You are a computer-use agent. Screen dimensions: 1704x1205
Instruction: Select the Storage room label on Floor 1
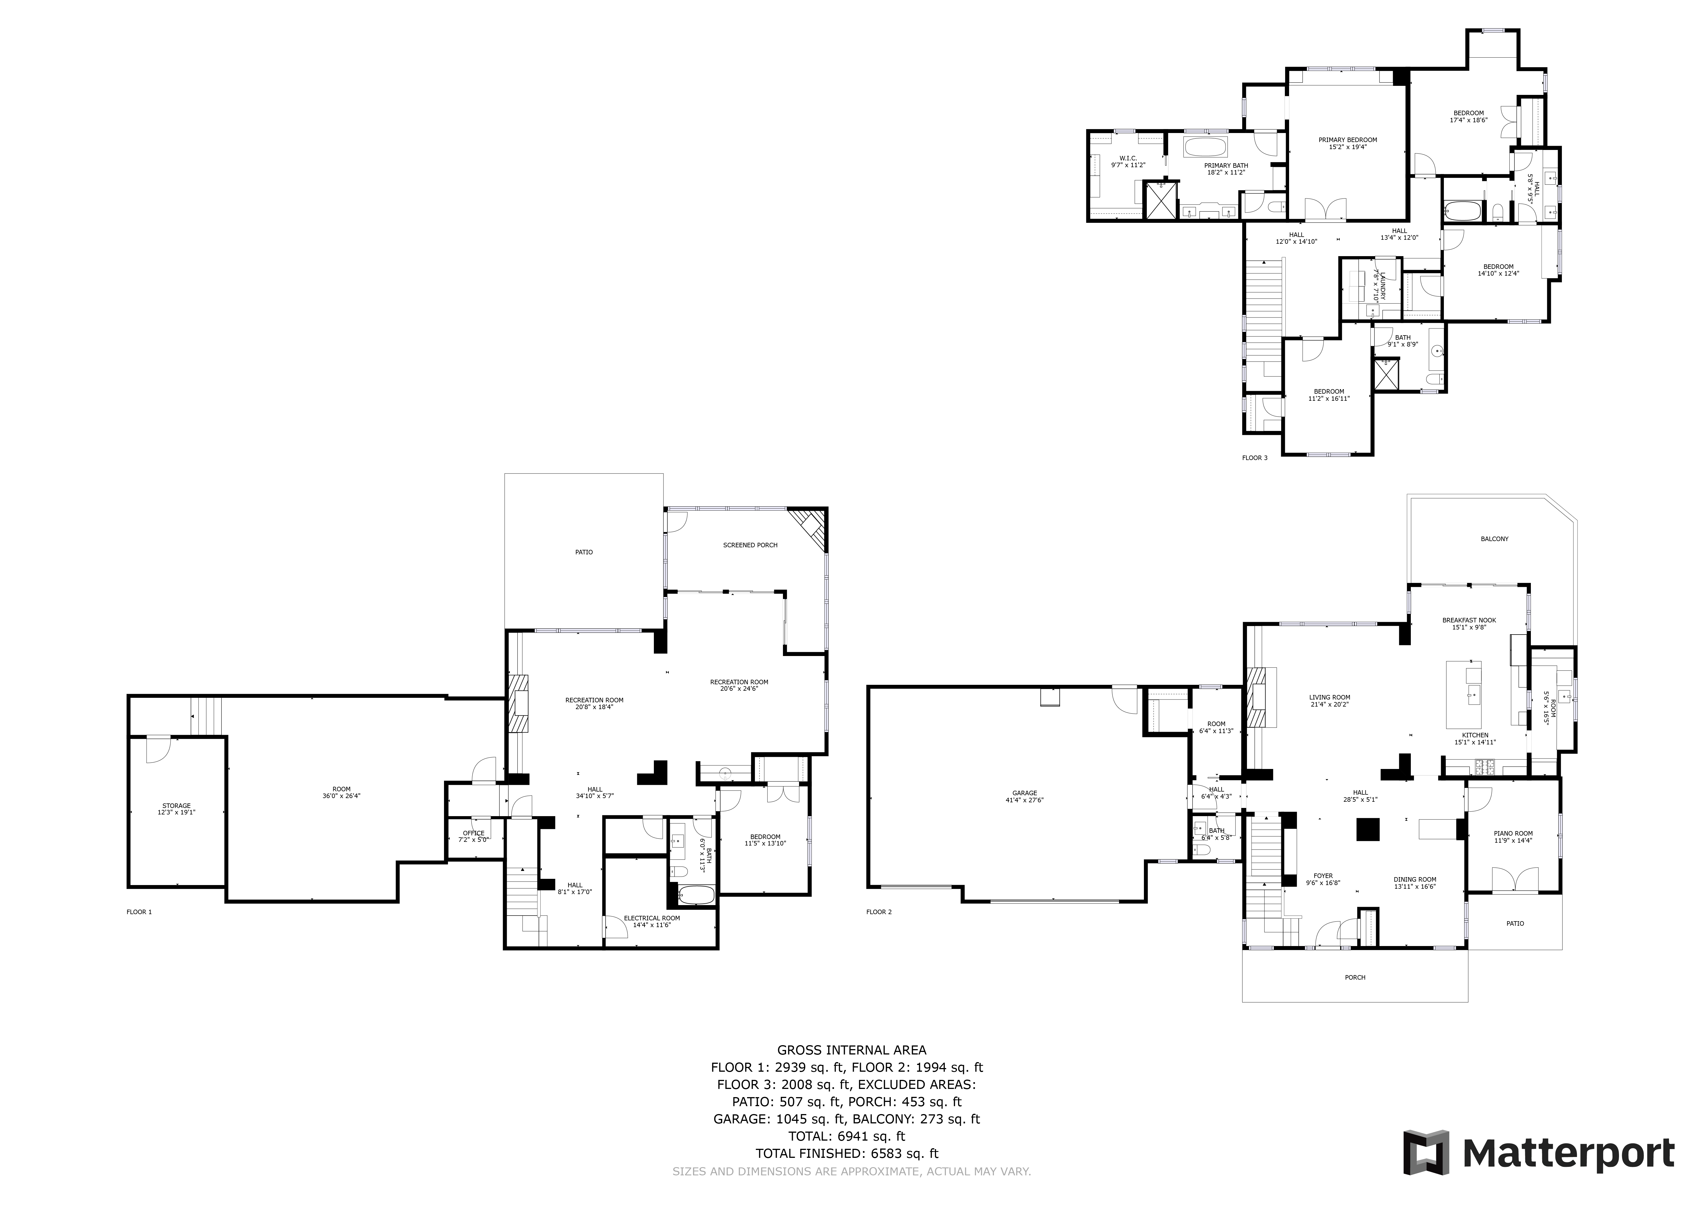tap(177, 809)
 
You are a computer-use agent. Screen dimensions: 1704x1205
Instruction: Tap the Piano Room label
tap(1513, 836)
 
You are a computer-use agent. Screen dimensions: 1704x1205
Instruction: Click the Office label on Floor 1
tap(473, 836)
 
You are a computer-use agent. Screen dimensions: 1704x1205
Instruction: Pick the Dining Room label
tap(1414, 882)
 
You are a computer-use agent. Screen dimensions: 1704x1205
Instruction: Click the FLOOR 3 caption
tap(1254, 458)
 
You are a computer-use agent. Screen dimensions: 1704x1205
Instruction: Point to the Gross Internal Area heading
tap(851, 1050)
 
